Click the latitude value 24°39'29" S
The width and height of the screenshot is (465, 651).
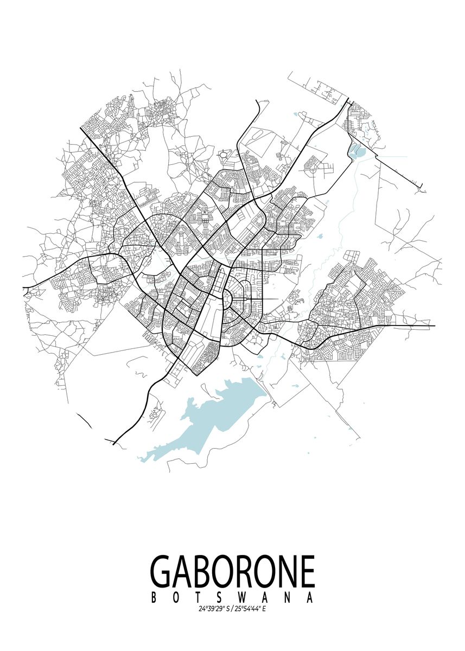[x=214, y=609]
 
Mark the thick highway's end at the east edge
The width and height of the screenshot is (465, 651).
[x=434, y=326]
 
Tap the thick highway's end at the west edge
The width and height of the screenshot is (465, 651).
[x=24, y=287]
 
